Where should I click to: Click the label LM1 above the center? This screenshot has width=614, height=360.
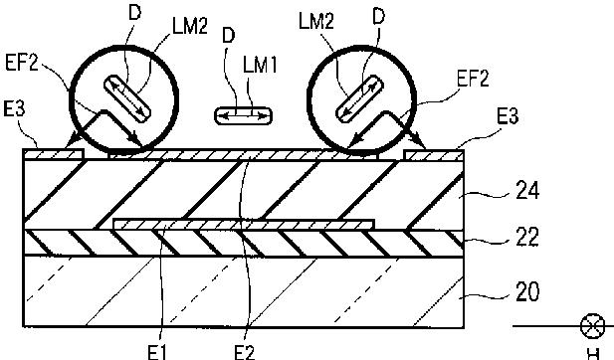260,65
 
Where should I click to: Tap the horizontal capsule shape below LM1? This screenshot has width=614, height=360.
243,115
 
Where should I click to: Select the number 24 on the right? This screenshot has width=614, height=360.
527,191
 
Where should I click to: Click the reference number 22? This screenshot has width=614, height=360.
527,237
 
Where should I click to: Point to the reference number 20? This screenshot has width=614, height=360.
527,291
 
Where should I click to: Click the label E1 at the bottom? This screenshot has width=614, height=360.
157,352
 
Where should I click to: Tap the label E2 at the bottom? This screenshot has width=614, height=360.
245,352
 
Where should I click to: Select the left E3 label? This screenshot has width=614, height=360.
14,108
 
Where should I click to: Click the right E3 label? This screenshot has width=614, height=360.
508,116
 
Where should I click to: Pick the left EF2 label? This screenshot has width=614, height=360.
22,63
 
